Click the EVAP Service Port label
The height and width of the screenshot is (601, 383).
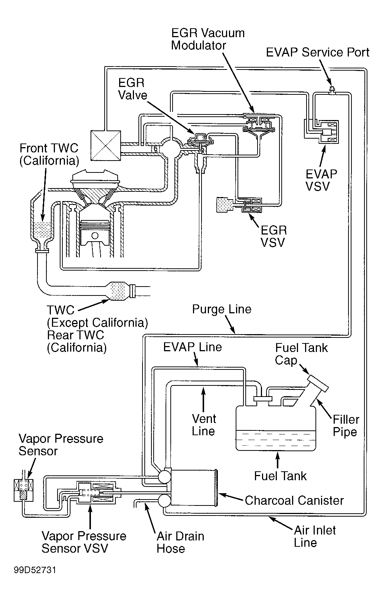[318, 52]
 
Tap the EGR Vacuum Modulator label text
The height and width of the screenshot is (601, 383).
[208, 39]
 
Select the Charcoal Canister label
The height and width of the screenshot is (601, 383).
[294, 500]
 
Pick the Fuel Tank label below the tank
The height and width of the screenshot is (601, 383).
[281, 476]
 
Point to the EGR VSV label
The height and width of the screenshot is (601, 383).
[274, 236]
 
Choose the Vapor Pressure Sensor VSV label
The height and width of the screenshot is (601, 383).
[84, 542]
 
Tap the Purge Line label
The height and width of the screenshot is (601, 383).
[222, 309]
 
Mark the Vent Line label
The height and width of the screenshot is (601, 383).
[204, 425]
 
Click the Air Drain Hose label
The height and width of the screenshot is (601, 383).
[180, 542]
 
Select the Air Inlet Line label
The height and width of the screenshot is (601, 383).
[315, 536]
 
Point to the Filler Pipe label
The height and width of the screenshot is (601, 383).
[346, 426]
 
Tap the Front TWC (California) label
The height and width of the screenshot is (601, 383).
[49, 154]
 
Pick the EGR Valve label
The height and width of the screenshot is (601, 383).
[132, 89]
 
